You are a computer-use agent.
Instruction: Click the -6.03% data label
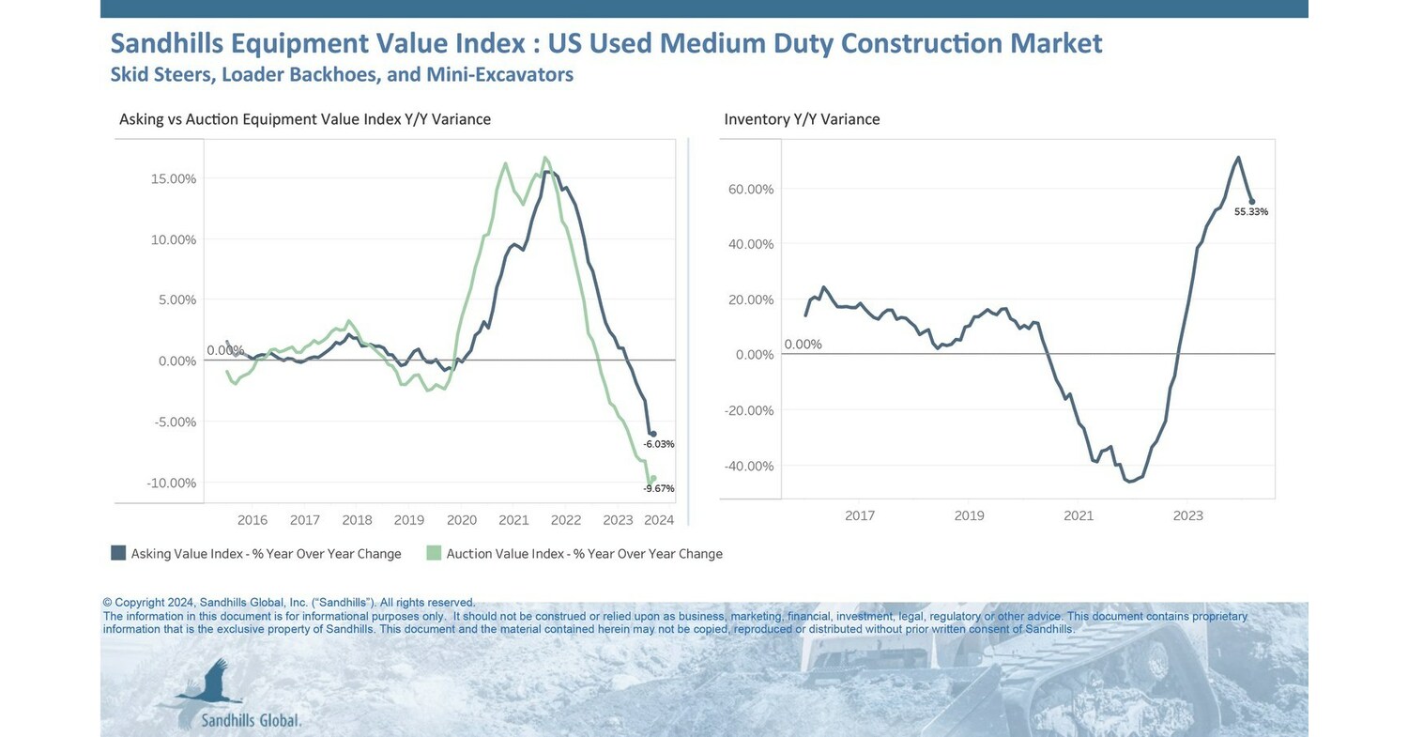click(x=659, y=444)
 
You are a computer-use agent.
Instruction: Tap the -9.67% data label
click(x=659, y=488)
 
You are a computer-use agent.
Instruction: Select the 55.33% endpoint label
click(x=1251, y=212)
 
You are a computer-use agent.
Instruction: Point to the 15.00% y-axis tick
click(x=174, y=178)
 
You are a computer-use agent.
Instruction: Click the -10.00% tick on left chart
click(x=172, y=483)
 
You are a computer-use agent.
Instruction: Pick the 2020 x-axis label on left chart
click(x=461, y=520)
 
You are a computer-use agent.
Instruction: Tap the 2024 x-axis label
click(x=660, y=520)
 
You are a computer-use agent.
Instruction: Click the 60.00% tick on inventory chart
click(x=751, y=189)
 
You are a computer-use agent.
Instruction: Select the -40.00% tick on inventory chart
click(x=749, y=466)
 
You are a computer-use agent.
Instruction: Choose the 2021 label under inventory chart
click(x=1079, y=515)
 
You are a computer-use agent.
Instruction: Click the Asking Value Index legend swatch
click(x=118, y=553)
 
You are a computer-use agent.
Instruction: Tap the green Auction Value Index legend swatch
click(x=434, y=553)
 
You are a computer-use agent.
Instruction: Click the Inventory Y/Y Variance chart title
click(x=802, y=119)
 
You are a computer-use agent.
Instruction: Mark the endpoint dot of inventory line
click(x=1251, y=201)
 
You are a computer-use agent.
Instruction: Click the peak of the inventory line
click(x=1238, y=158)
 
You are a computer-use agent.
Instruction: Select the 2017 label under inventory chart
click(x=860, y=515)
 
